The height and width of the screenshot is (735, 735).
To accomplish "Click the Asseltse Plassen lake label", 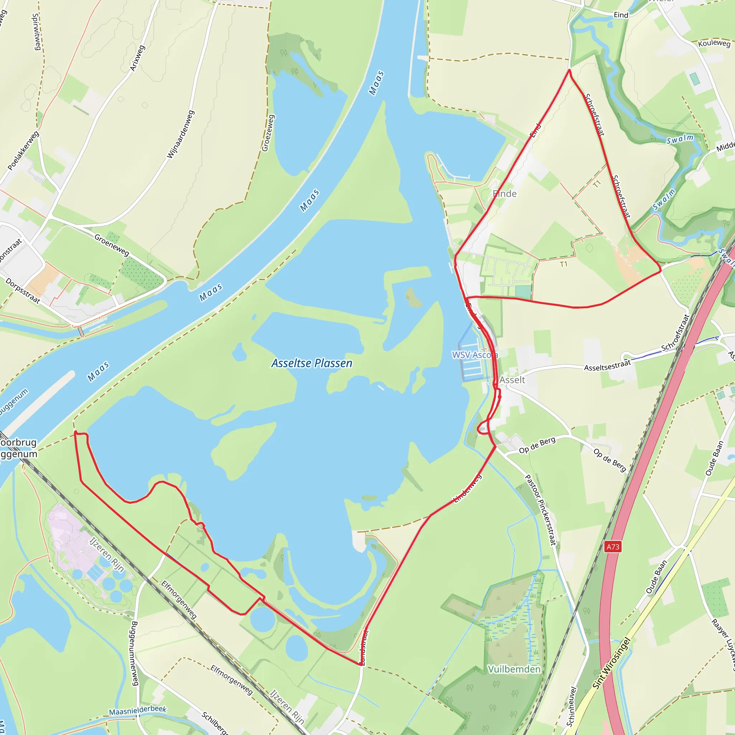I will coord(312,363).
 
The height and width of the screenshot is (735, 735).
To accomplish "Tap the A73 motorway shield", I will coord(613,547).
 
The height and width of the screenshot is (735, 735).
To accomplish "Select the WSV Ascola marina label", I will coord(474,355).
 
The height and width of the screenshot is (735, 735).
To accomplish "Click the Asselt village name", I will coord(512,380).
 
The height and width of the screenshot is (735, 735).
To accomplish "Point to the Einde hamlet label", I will coord(505,194).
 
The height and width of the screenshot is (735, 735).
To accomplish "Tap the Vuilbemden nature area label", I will coord(514,669).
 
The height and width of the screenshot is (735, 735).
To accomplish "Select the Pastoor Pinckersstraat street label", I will coord(540,510).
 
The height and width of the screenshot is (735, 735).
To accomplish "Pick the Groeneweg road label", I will coord(112,245).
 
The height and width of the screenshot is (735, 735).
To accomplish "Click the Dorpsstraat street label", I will coord(23,291).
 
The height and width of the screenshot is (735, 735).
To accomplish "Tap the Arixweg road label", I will coord(137,58).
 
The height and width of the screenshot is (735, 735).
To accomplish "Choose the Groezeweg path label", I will coord(268,133).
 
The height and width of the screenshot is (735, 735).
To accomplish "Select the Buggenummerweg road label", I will coord(134,653).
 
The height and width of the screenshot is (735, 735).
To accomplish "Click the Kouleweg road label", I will coord(714,43).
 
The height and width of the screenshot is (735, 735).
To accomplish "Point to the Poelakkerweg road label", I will coord(23,151).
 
